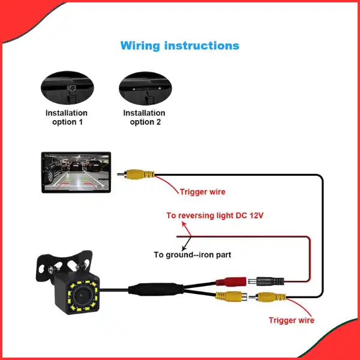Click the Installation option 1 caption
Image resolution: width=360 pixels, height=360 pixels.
coord(67,117)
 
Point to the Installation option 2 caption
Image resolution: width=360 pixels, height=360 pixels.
coord(145,117)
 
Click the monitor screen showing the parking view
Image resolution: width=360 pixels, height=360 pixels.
coord(76,173)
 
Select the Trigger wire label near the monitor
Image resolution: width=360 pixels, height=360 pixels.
coord(202,192)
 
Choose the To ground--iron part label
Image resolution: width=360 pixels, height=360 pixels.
coord(192,254)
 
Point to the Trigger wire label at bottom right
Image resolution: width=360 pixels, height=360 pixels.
coord(291,320)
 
